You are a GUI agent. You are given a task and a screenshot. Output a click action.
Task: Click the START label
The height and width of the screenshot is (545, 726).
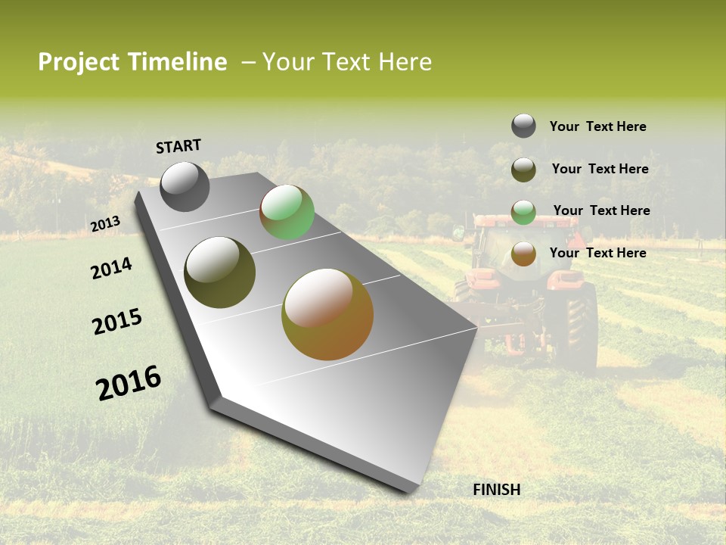pyautogui.click(x=178, y=146)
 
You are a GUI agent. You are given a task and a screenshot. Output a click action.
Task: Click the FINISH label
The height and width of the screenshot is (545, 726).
pyautogui.click(x=497, y=490)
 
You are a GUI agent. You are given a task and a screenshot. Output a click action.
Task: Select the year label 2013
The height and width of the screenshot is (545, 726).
pyautogui.click(x=105, y=224)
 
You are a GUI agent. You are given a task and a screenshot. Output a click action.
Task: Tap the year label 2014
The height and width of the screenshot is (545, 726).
pyautogui.click(x=111, y=269)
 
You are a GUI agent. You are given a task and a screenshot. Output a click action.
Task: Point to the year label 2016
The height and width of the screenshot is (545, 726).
pyautogui.click(x=129, y=383)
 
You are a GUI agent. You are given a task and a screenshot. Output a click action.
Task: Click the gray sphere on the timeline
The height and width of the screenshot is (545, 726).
pyautogui.click(x=185, y=186)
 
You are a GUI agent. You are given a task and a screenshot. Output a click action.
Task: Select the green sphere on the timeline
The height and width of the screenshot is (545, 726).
pyautogui.click(x=287, y=213)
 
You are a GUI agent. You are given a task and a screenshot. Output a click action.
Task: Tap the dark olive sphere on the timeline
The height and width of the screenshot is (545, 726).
pyautogui.click(x=219, y=272)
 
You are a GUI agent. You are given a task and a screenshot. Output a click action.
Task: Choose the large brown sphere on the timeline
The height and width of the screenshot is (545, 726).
pyautogui.click(x=327, y=314)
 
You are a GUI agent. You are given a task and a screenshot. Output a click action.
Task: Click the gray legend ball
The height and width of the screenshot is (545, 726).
pyautogui.click(x=523, y=126)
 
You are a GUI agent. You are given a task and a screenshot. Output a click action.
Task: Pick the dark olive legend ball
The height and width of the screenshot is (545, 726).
pyautogui.click(x=523, y=170)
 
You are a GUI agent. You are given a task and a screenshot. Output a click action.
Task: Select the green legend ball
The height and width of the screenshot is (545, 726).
pyautogui.click(x=523, y=212)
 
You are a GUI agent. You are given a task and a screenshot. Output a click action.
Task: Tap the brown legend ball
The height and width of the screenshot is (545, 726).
pyautogui.click(x=523, y=254)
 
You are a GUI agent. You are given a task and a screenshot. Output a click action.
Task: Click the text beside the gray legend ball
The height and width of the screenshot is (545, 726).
pyautogui.click(x=597, y=127)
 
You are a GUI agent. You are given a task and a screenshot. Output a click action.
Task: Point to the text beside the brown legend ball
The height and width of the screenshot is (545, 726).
pyautogui.click(x=597, y=253)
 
